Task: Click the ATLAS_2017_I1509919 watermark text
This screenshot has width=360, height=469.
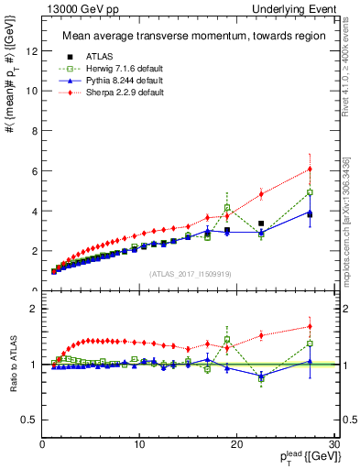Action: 189,273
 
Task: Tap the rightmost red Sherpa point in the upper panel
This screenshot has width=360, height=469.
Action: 310,169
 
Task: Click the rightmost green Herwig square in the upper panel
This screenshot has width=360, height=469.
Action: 310,192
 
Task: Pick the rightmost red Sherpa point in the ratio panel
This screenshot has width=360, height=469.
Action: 310,326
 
